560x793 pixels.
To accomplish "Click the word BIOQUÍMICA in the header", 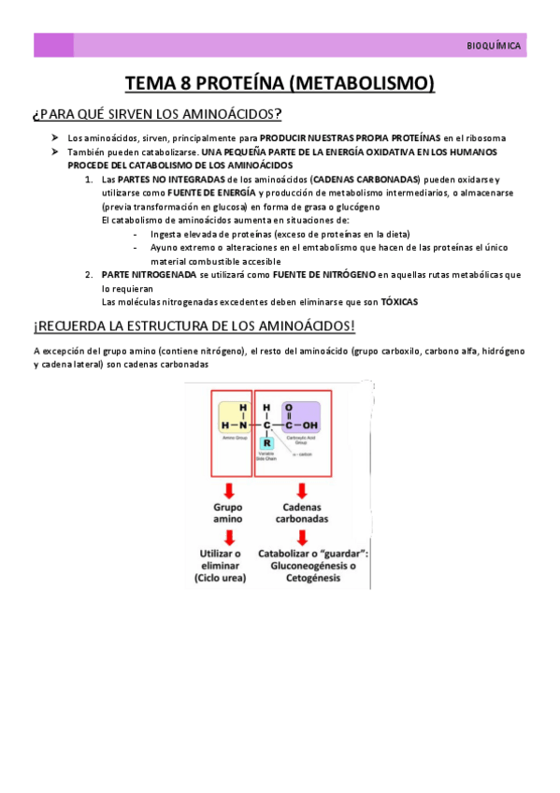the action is pyautogui.click(x=495, y=46).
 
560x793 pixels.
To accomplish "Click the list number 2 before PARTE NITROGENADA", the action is pyautogui.click(x=88, y=274).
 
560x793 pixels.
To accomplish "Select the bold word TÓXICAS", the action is pyautogui.click(x=399, y=302).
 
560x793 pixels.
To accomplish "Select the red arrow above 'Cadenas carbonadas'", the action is pyautogui.click(x=302, y=491).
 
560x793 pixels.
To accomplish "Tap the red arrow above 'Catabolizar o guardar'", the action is pyautogui.click(x=302, y=537).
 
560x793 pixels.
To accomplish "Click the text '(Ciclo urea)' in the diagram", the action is pyautogui.click(x=221, y=579).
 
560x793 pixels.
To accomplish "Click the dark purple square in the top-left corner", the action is pyautogui.click(x=53, y=45).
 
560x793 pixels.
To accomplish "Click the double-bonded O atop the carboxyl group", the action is pyautogui.click(x=289, y=407).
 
